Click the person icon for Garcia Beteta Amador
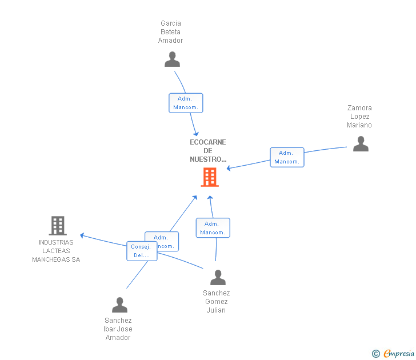172,59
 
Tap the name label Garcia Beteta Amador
171,32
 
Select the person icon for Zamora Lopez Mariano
361,144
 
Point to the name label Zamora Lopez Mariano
359,117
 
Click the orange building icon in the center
210,177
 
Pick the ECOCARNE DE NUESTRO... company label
208,151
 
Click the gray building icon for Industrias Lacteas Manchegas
58,226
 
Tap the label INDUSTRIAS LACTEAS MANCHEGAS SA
56,251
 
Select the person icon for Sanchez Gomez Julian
218,278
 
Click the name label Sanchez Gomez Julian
217,302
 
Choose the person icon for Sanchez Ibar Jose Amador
119,305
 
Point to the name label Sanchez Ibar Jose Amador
118,329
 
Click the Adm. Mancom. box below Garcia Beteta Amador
186,103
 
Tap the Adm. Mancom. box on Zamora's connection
287,157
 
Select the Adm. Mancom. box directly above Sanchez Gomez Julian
213,228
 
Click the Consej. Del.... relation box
141,251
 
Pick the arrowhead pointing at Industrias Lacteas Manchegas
82,235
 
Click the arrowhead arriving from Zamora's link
229,169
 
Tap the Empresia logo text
399,354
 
